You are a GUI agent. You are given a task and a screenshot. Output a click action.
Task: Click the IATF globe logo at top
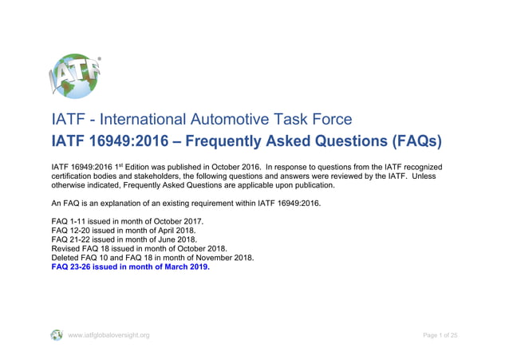77,77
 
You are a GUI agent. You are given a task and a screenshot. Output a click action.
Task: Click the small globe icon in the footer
57,335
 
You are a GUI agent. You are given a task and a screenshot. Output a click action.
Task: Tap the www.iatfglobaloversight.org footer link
109,335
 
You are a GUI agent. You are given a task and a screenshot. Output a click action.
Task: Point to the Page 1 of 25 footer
440,335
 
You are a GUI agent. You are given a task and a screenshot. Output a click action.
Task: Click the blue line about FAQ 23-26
130,267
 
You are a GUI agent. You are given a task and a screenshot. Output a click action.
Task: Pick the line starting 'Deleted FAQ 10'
152,258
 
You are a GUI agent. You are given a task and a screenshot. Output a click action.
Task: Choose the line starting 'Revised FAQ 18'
139,248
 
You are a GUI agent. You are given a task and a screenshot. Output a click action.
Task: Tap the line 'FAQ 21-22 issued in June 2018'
124,239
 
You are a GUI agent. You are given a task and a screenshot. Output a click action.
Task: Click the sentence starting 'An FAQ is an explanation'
186,204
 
